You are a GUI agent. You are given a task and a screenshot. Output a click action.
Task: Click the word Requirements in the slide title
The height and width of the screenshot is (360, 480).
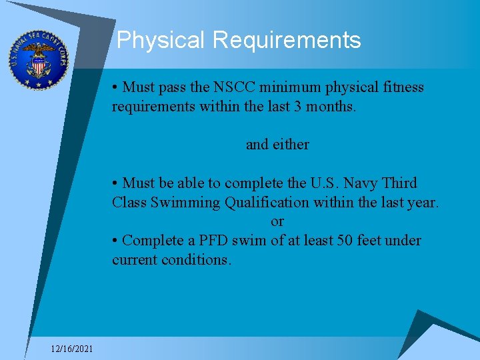(x=287, y=41)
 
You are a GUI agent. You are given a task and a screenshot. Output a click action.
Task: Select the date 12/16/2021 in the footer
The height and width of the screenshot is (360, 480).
(x=73, y=349)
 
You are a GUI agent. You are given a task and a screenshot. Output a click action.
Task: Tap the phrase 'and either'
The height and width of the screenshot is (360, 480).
(x=277, y=144)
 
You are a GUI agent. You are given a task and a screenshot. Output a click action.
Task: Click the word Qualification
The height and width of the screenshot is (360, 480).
(x=267, y=202)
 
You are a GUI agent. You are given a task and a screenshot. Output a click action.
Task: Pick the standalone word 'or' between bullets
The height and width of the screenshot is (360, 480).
(x=277, y=221)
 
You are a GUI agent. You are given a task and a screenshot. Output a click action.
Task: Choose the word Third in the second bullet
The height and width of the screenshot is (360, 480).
(x=399, y=183)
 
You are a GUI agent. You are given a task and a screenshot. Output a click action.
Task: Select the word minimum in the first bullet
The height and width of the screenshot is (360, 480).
(x=288, y=87)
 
